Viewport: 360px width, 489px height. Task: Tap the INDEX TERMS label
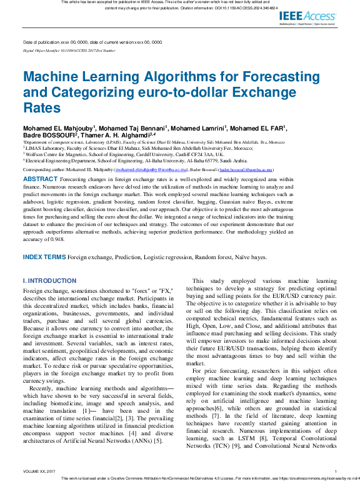[44, 257]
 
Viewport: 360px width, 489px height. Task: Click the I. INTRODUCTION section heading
[49, 281]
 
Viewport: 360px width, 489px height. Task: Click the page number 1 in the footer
[336, 472]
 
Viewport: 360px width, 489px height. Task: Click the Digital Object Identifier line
[69, 50]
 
